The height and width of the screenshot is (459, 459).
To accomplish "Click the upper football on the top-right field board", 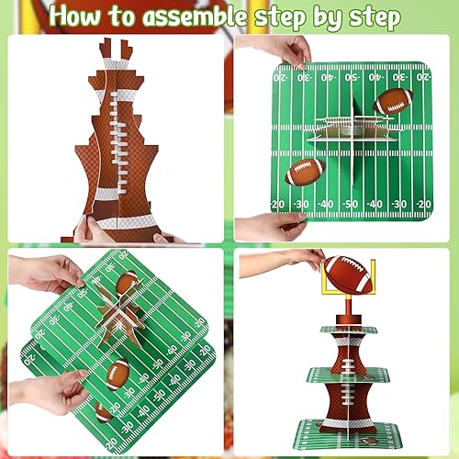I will pyautogui.click(x=392, y=100).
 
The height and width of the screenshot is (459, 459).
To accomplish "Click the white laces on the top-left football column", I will pyautogui.click(x=118, y=138).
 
